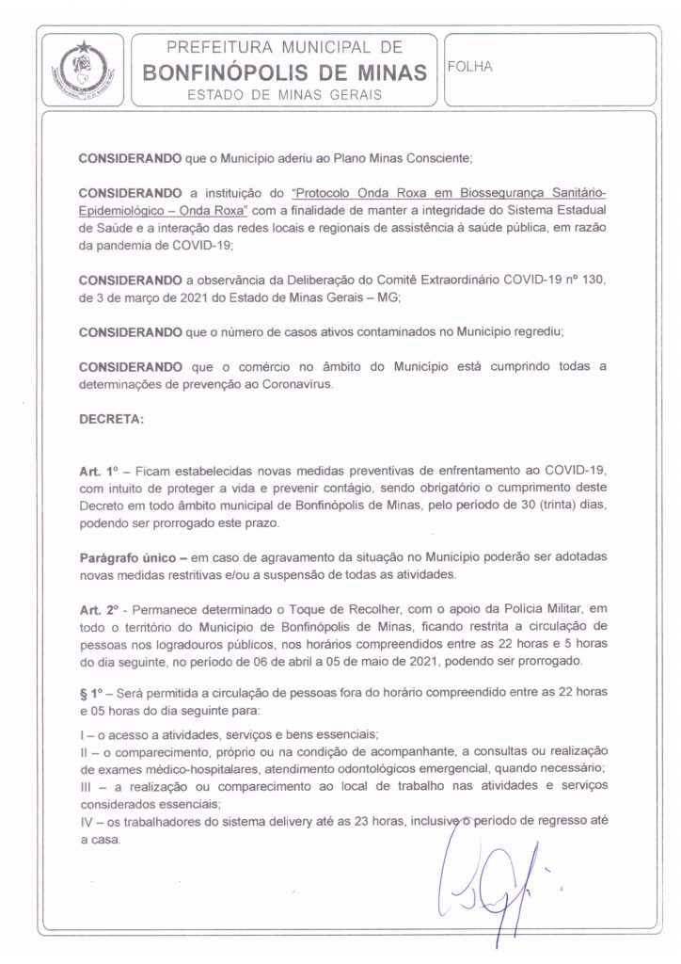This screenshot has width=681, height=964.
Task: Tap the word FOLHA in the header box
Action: (x=470, y=67)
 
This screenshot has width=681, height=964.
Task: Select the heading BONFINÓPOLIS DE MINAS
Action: (x=284, y=72)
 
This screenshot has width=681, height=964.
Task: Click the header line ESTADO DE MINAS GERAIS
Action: (x=284, y=95)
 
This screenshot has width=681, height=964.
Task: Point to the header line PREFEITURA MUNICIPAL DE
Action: (x=284, y=47)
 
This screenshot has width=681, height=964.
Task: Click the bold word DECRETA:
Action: (x=111, y=419)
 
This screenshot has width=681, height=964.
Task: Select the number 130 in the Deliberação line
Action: (x=592, y=280)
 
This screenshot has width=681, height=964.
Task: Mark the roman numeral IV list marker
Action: (x=87, y=822)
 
